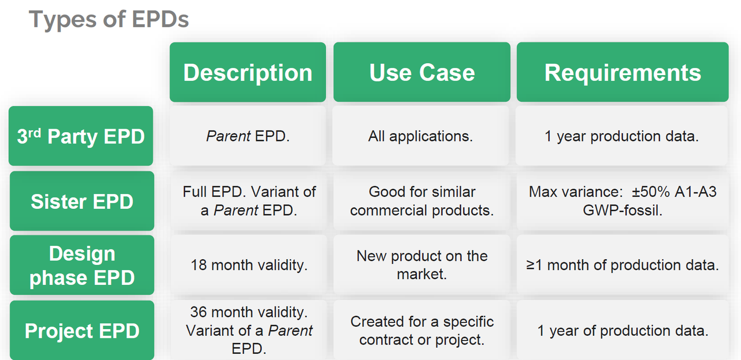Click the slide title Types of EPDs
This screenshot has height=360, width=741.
pos(109,20)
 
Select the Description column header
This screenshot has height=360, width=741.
pos(248,72)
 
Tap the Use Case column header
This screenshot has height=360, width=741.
pos(422,72)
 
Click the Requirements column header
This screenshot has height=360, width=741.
pos(623,72)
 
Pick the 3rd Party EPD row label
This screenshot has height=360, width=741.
pos(81,136)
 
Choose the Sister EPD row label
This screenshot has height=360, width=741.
pos(82,201)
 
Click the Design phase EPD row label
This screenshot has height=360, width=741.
pos(82,265)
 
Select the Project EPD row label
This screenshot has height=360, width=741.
pos(82,331)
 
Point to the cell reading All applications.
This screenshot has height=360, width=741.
pos(420,136)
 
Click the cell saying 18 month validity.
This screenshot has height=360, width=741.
pos(249,265)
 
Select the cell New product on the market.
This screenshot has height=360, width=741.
pos(422,265)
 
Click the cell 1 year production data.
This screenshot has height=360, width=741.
pos(622,136)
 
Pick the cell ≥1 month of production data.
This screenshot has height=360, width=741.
pos(623,265)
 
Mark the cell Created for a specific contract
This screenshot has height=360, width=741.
pos(422,331)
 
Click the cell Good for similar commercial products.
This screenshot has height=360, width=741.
pos(422,201)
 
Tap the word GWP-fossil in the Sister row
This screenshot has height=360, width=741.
pos(623,210)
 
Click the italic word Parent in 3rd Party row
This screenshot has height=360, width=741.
pos(228,137)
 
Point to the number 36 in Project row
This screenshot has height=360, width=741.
pos(198,312)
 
